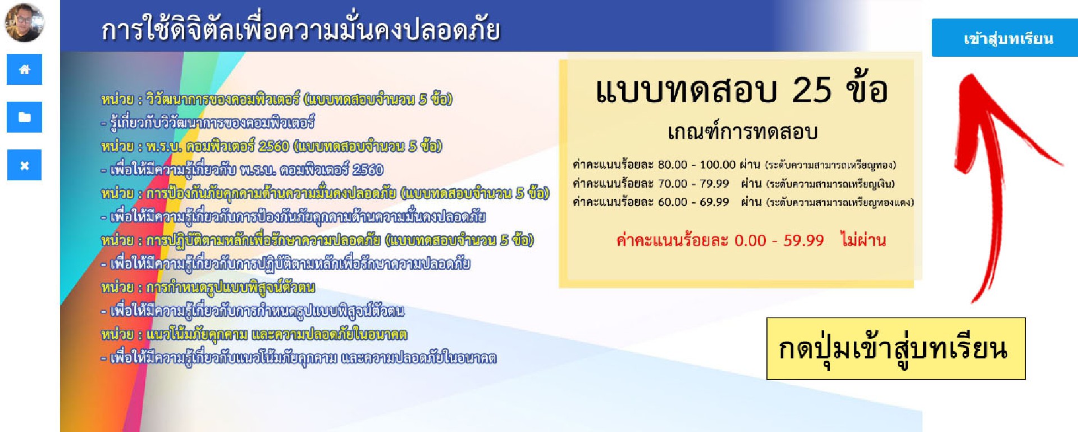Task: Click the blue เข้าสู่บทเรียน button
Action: click(1004, 38)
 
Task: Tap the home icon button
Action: click(24, 69)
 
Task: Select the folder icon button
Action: click(24, 117)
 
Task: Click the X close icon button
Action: click(24, 165)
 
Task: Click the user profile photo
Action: click(24, 22)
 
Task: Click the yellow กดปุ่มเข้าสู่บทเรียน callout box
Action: click(896, 348)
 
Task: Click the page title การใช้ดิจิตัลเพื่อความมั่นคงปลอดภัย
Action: click(301, 29)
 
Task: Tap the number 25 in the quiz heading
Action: click(811, 90)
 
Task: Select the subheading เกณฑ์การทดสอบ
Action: click(742, 132)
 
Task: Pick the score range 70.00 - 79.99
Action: click(693, 184)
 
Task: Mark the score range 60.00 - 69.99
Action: click(693, 202)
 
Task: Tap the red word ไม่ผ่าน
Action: click(863, 240)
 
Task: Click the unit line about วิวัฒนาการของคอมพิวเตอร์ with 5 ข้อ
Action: click(276, 99)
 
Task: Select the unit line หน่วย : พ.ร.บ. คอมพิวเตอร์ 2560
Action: click(271, 147)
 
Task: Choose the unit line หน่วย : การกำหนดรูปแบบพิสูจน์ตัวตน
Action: click(208, 288)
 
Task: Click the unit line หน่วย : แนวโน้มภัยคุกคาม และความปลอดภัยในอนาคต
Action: click(254, 335)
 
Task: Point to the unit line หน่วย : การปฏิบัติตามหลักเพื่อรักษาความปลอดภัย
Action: click(317, 240)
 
